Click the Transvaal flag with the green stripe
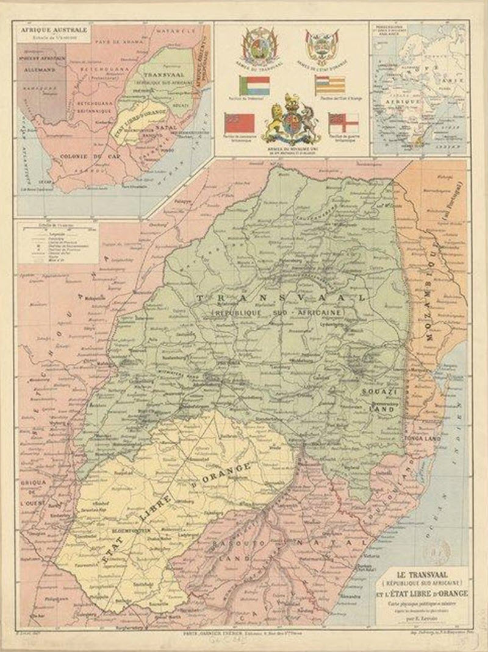point(254,85)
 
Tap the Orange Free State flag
point(330,84)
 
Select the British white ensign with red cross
point(343,122)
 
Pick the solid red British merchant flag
point(240,122)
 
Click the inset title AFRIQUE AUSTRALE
point(46,29)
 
